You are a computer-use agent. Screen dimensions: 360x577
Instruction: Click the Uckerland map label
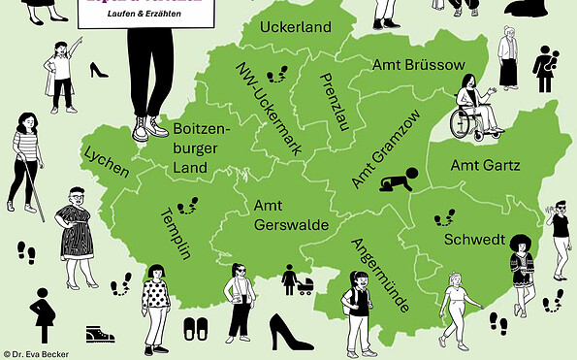tap(296, 26)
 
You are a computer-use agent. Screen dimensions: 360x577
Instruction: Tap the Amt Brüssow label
tap(419, 64)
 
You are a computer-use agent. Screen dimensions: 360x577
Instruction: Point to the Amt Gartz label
tap(485, 165)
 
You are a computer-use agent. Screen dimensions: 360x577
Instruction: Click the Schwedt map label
tap(473, 239)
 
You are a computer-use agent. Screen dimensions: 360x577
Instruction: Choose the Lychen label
tap(107, 162)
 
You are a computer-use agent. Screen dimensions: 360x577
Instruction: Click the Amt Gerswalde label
tap(281, 214)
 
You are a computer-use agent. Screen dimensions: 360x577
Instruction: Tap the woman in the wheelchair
tap(473, 107)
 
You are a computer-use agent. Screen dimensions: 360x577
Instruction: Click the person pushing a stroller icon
tap(296, 280)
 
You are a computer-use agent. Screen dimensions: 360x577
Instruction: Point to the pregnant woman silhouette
tap(44, 316)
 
